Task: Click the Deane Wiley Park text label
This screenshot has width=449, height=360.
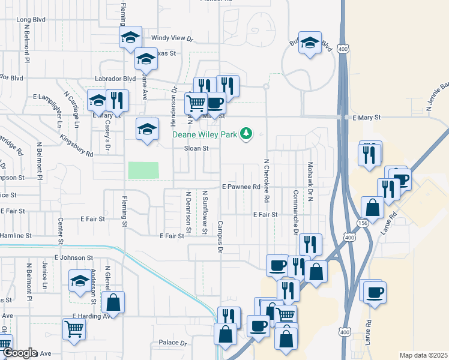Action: pos(205,134)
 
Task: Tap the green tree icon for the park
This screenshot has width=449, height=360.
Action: pos(246,133)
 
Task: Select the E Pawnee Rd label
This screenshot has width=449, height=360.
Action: pos(241,187)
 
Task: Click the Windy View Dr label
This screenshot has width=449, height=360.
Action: pos(171,38)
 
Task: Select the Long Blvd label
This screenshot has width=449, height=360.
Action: pos(32,20)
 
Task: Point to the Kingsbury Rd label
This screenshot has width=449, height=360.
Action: pos(76,146)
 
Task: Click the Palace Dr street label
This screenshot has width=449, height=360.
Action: pos(173,343)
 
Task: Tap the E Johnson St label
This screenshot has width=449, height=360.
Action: pos(73,257)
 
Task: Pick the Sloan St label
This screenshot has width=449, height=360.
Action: pos(196,148)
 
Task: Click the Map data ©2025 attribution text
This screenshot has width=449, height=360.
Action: pos(423,355)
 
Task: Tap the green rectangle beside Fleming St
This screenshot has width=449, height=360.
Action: pos(143,170)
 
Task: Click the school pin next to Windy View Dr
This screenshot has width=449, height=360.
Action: pos(130,38)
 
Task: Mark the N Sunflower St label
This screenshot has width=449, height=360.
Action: pos(205,212)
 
